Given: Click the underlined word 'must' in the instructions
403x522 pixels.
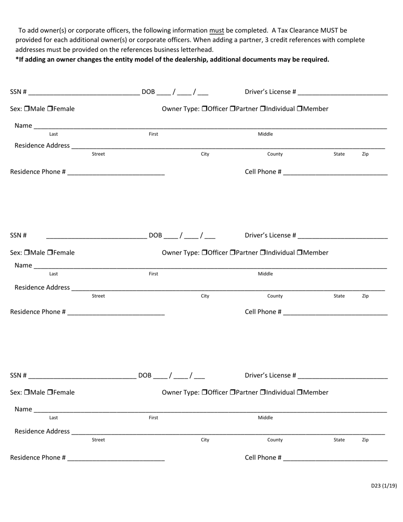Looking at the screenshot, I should pos(216,31).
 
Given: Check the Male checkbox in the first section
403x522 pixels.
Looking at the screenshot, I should pos(27,109).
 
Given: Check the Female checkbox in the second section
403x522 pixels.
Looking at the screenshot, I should pos(50,253).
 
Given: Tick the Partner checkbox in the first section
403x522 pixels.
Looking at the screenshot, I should pos(232,109).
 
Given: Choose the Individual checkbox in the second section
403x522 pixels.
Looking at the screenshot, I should pos(263,253).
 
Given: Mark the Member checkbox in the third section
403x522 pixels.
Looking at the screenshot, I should pos(299,393).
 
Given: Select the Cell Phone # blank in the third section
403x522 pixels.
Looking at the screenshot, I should pos(335,458).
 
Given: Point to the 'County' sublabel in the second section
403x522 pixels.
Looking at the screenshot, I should pos(275,296).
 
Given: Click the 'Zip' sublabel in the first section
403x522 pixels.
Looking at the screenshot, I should pos(365,154).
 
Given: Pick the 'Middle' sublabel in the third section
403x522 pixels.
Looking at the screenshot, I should pos(266,418).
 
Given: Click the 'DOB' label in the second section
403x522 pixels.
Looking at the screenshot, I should pos(155,236).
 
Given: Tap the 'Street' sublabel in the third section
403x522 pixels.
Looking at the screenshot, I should pos(98,440).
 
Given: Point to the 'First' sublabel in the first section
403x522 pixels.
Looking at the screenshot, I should pos(154,134).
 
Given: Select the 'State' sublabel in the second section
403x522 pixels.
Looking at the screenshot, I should pos(339,296).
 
